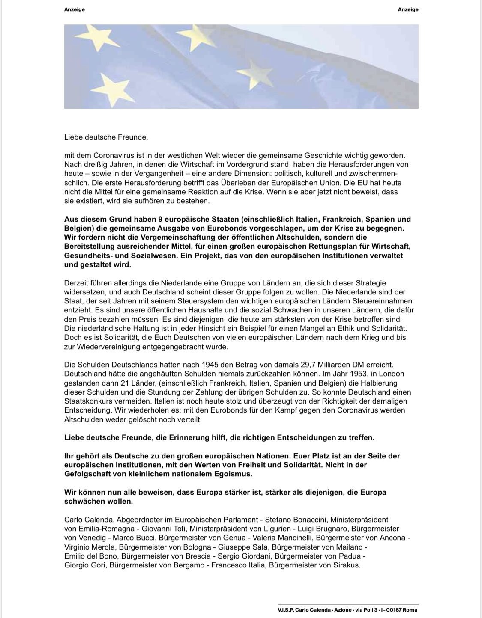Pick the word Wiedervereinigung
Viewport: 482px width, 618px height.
click(108, 347)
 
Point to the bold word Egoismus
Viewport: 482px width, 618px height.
click(238, 474)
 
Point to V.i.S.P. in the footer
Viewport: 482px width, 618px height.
click(288, 610)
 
